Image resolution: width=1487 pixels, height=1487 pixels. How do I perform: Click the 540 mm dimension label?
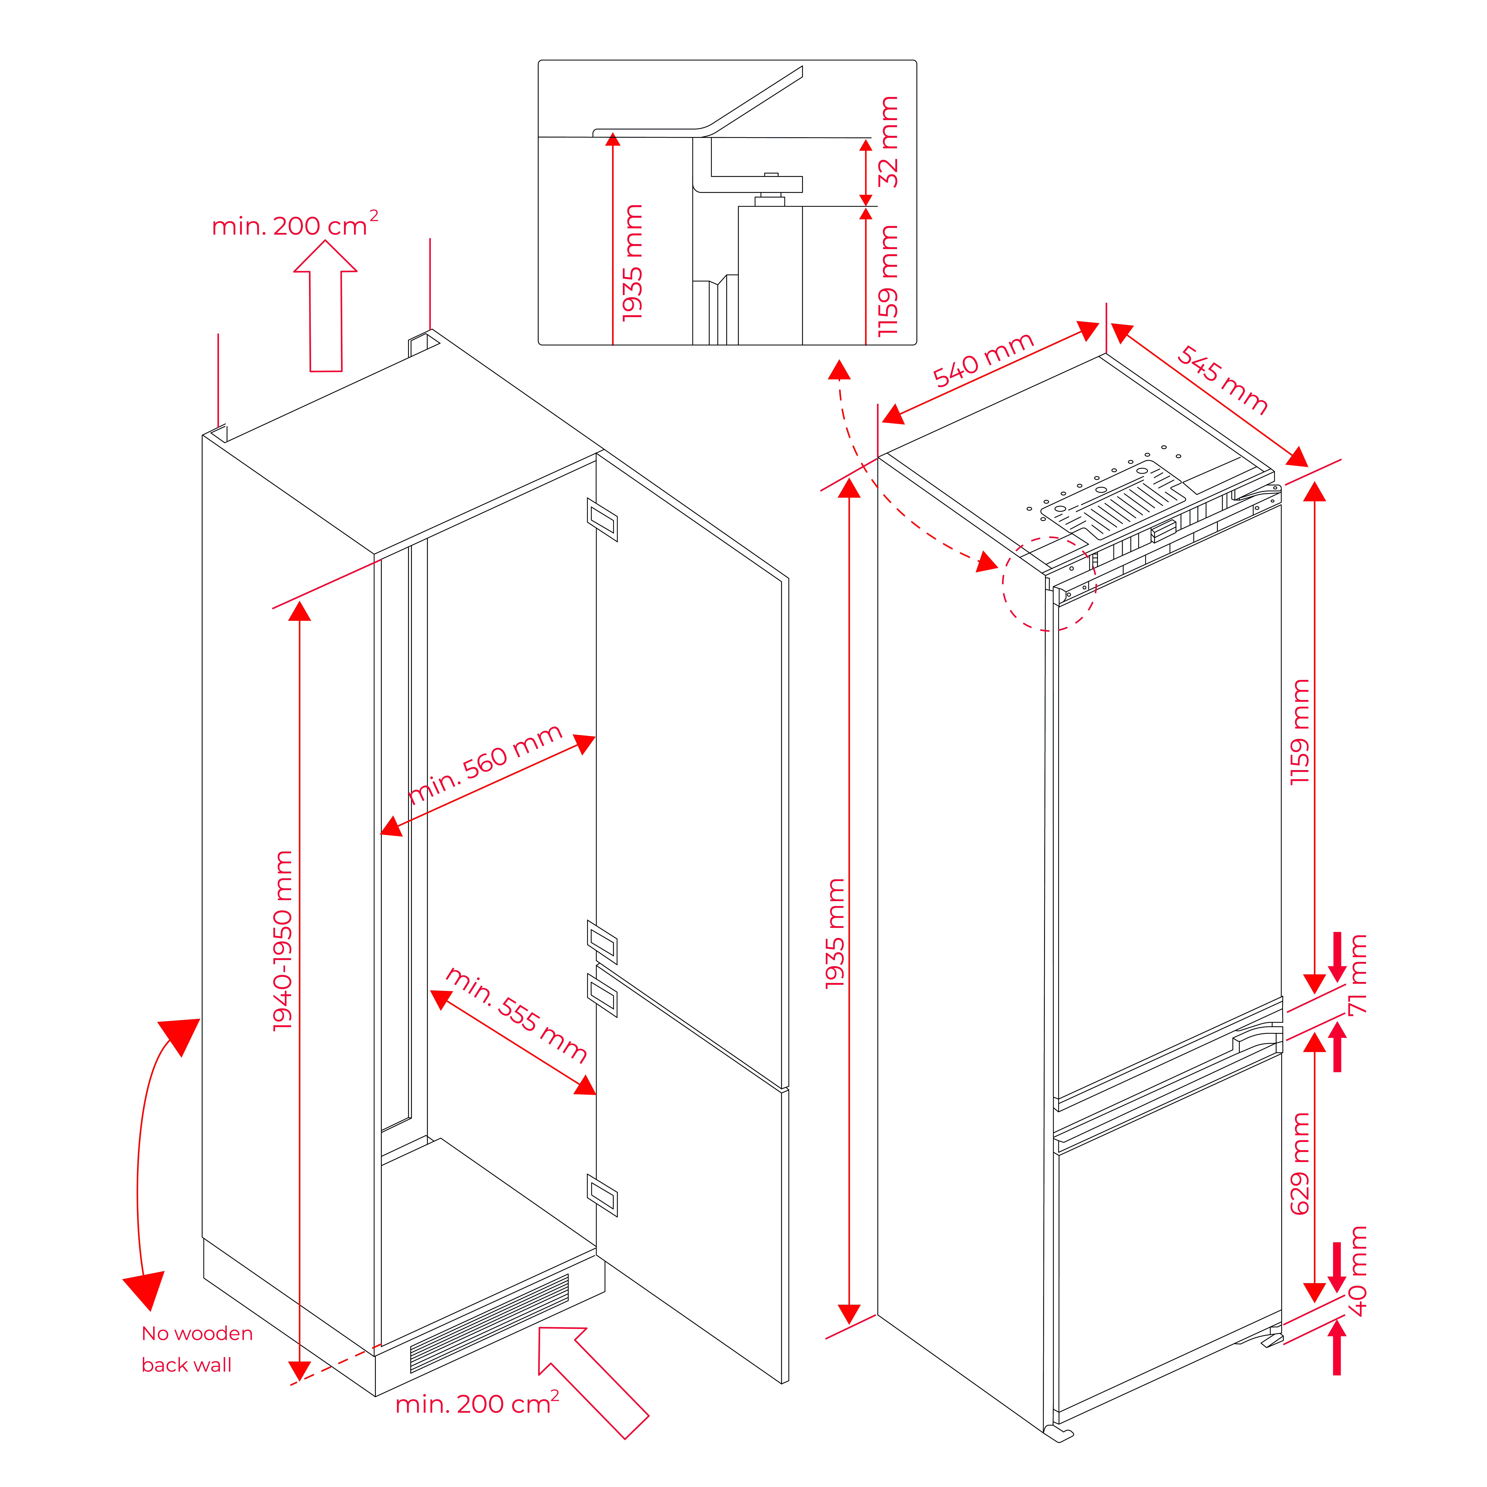983,359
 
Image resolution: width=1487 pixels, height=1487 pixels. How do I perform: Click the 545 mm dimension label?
1222,379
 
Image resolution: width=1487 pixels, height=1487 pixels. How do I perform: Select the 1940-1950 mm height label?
283,941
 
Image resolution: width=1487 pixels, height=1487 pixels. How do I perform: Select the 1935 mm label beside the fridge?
835,933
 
